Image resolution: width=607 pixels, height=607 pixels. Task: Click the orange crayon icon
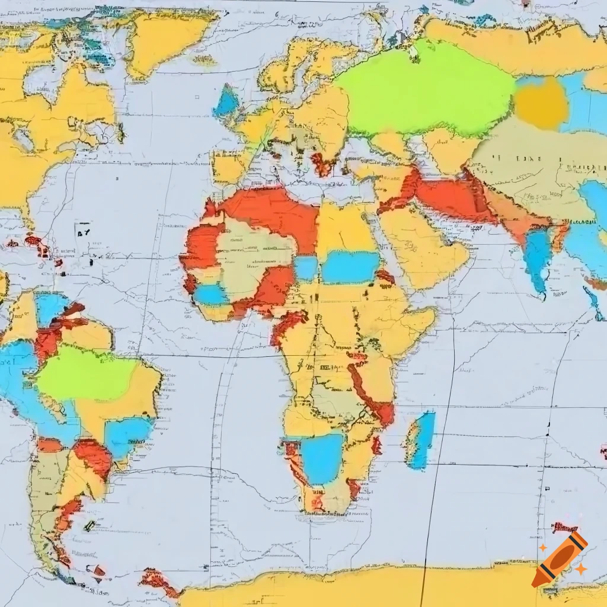560,558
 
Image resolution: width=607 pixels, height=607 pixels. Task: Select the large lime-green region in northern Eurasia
424,89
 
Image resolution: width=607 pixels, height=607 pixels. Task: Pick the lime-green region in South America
86,373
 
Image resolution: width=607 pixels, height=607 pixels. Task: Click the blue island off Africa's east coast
422,439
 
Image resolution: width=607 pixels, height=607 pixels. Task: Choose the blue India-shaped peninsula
538,258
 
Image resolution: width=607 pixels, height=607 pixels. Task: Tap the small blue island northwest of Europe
226,102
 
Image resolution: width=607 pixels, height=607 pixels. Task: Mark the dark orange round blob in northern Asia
541,102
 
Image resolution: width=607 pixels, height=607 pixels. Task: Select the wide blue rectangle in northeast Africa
350,267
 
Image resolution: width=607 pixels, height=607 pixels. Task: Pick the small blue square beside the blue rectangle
306,268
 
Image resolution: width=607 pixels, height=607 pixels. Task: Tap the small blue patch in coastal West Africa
210,294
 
